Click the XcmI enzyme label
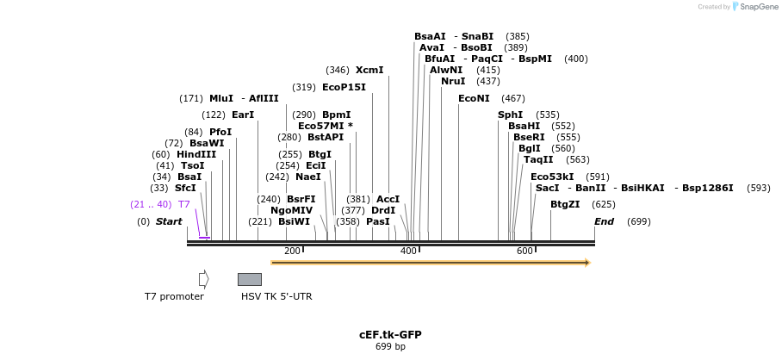click(x=369, y=70)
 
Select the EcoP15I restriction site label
click(x=344, y=87)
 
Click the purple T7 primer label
click(x=183, y=204)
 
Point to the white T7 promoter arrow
click(x=203, y=278)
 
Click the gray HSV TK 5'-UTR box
click(x=249, y=279)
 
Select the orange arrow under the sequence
click(x=430, y=262)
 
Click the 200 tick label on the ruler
click(x=292, y=251)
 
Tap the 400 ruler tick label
click(x=408, y=251)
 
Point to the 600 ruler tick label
click(x=524, y=251)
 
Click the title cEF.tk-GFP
click(x=390, y=334)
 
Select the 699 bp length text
click(x=390, y=346)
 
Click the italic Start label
click(x=169, y=221)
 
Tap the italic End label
click(x=604, y=221)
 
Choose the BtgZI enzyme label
click(x=565, y=204)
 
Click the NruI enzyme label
click(x=453, y=81)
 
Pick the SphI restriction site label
click(x=510, y=115)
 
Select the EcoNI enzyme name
click(x=474, y=98)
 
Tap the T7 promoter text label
click(x=174, y=296)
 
